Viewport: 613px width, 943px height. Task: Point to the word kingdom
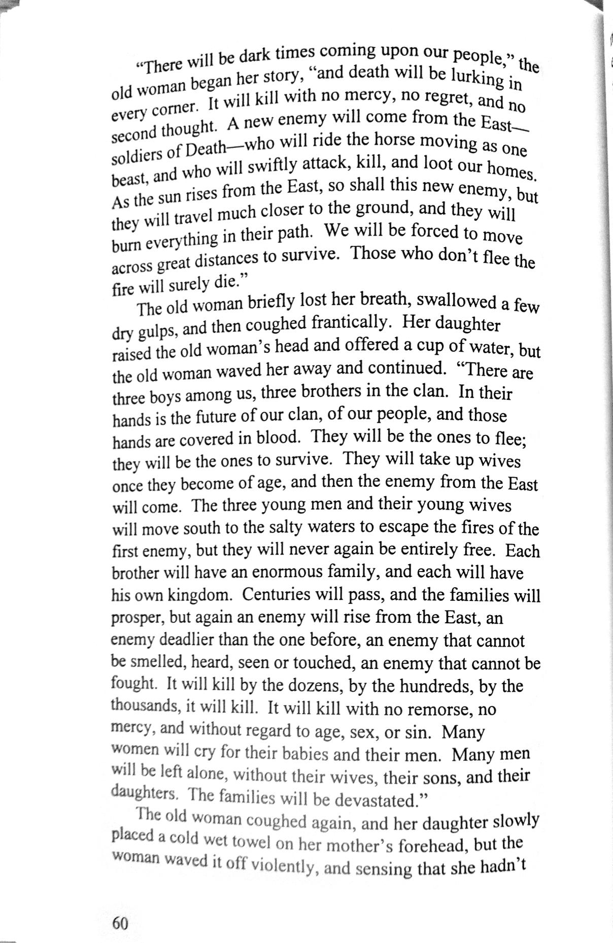(x=197, y=594)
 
